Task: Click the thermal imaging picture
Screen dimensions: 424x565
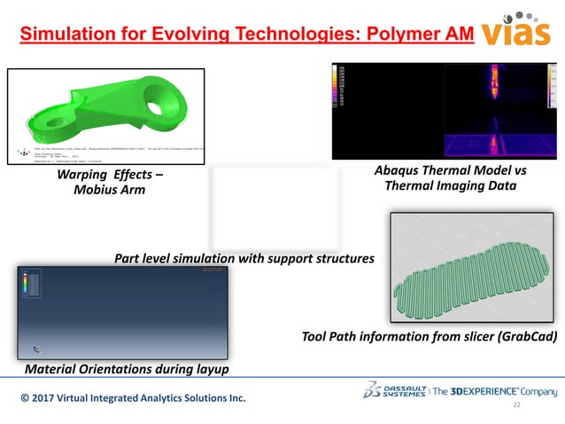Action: [x=443, y=110]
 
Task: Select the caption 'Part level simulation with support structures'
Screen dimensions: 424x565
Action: [x=244, y=258]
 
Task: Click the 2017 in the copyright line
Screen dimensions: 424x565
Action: [x=50, y=398]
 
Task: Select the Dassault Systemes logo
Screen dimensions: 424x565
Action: [x=395, y=390]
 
